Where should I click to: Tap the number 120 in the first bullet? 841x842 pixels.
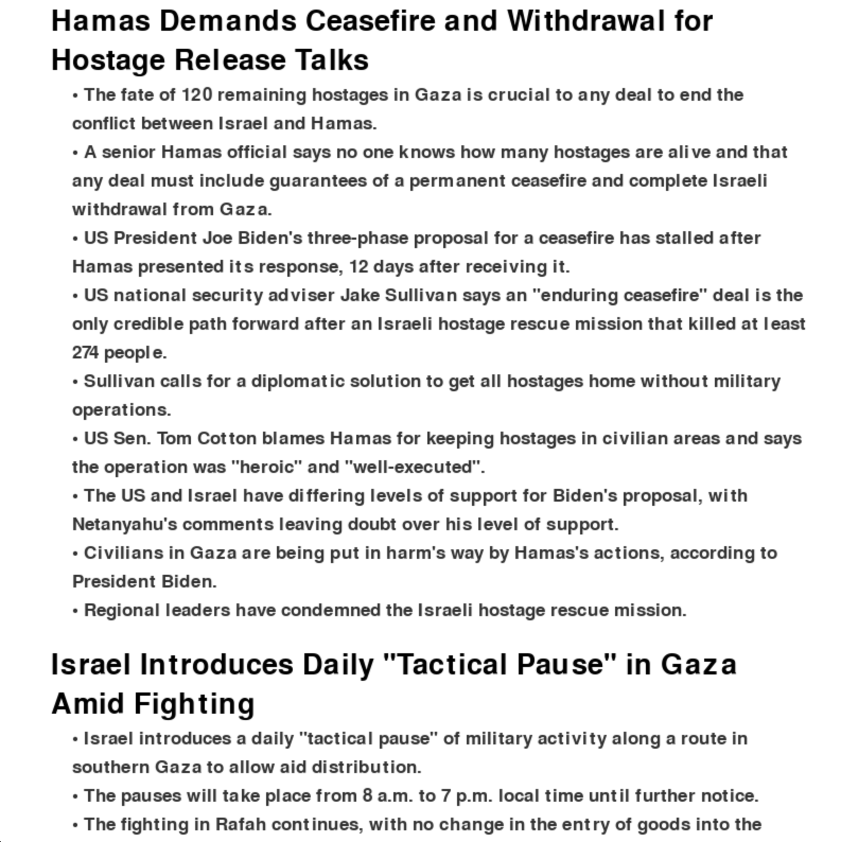[x=197, y=95]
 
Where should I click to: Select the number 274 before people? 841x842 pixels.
[x=85, y=353]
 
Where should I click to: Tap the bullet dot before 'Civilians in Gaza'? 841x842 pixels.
[x=75, y=554]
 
